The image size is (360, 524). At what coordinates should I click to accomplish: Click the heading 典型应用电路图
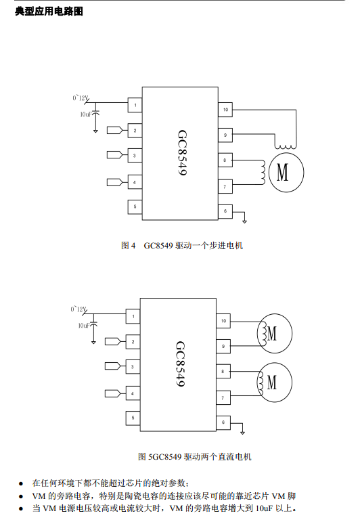pos(49,12)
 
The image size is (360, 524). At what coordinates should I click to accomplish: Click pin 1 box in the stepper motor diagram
pos(135,105)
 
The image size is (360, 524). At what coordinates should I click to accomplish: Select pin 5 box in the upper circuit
pos(135,207)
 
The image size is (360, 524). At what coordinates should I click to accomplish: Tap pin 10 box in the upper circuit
pos(225,110)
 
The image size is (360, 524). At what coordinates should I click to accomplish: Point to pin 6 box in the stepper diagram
pos(225,211)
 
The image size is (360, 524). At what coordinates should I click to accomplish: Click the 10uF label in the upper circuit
pos(85,114)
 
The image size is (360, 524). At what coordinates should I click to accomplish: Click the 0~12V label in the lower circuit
pos(78,309)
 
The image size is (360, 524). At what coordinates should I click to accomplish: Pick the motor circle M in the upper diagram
pos(286,173)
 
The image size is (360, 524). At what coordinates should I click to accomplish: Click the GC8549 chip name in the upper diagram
pos(182,153)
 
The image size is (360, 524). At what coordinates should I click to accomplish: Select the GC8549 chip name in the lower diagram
pos(180,364)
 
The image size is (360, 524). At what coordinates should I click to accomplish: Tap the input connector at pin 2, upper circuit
pos(114,131)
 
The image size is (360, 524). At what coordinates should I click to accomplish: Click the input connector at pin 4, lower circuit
pos(112,393)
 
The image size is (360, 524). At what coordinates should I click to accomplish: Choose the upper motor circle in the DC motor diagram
pos(275,333)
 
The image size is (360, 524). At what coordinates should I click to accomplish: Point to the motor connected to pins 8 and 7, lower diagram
pos(275,383)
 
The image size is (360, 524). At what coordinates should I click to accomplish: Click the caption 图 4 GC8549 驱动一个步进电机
pos(181,246)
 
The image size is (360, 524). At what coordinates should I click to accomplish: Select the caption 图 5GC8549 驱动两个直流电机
pos(195,456)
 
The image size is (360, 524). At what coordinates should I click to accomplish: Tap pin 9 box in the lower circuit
pos(223,346)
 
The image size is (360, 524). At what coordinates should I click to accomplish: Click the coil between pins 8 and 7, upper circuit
pos(263,172)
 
